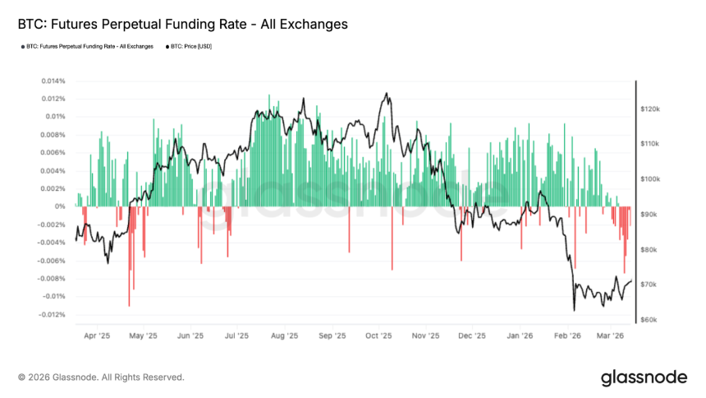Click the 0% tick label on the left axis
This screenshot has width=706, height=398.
(x=60, y=206)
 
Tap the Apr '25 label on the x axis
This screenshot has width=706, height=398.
(x=96, y=336)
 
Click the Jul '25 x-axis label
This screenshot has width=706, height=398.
(x=237, y=336)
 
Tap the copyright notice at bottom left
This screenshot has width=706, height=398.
(x=101, y=377)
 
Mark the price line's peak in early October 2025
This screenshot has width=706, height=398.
(x=385, y=94)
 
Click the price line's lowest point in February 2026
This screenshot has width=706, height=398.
(x=574, y=310)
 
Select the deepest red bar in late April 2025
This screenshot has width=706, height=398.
(x=129, y=305)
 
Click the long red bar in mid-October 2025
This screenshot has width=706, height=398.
(x=393, y=269)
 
